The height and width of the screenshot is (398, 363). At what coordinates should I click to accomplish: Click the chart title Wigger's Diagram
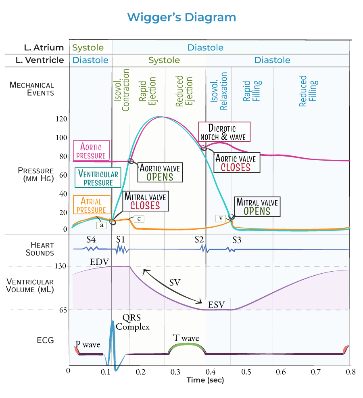(x=181, y=18)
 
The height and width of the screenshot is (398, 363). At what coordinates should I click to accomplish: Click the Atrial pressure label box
(x=91, y=205)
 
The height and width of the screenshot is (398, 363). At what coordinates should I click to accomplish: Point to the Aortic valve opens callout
(x=160, y=172)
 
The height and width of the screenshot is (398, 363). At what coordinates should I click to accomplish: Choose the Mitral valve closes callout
(x=145, y=201)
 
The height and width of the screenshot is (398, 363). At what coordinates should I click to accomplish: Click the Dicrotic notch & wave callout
(x=224, y=132)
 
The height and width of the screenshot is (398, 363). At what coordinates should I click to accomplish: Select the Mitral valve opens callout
(x=257, y=206)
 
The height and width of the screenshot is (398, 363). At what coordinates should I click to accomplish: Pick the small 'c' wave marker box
(x=139, y=218)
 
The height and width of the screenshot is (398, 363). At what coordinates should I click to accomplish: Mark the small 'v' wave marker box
(x=221, y=218)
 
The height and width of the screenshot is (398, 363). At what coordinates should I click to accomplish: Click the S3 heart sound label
(x=237, y=240)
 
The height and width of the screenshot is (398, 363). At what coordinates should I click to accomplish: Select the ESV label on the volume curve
(x=217, y=304)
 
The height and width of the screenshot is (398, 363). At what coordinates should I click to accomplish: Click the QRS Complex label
(x=133, y=322)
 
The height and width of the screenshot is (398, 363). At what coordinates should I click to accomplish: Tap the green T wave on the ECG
(x=187, y=346)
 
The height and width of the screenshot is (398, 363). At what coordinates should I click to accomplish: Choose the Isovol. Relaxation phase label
(x=219, y=91)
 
